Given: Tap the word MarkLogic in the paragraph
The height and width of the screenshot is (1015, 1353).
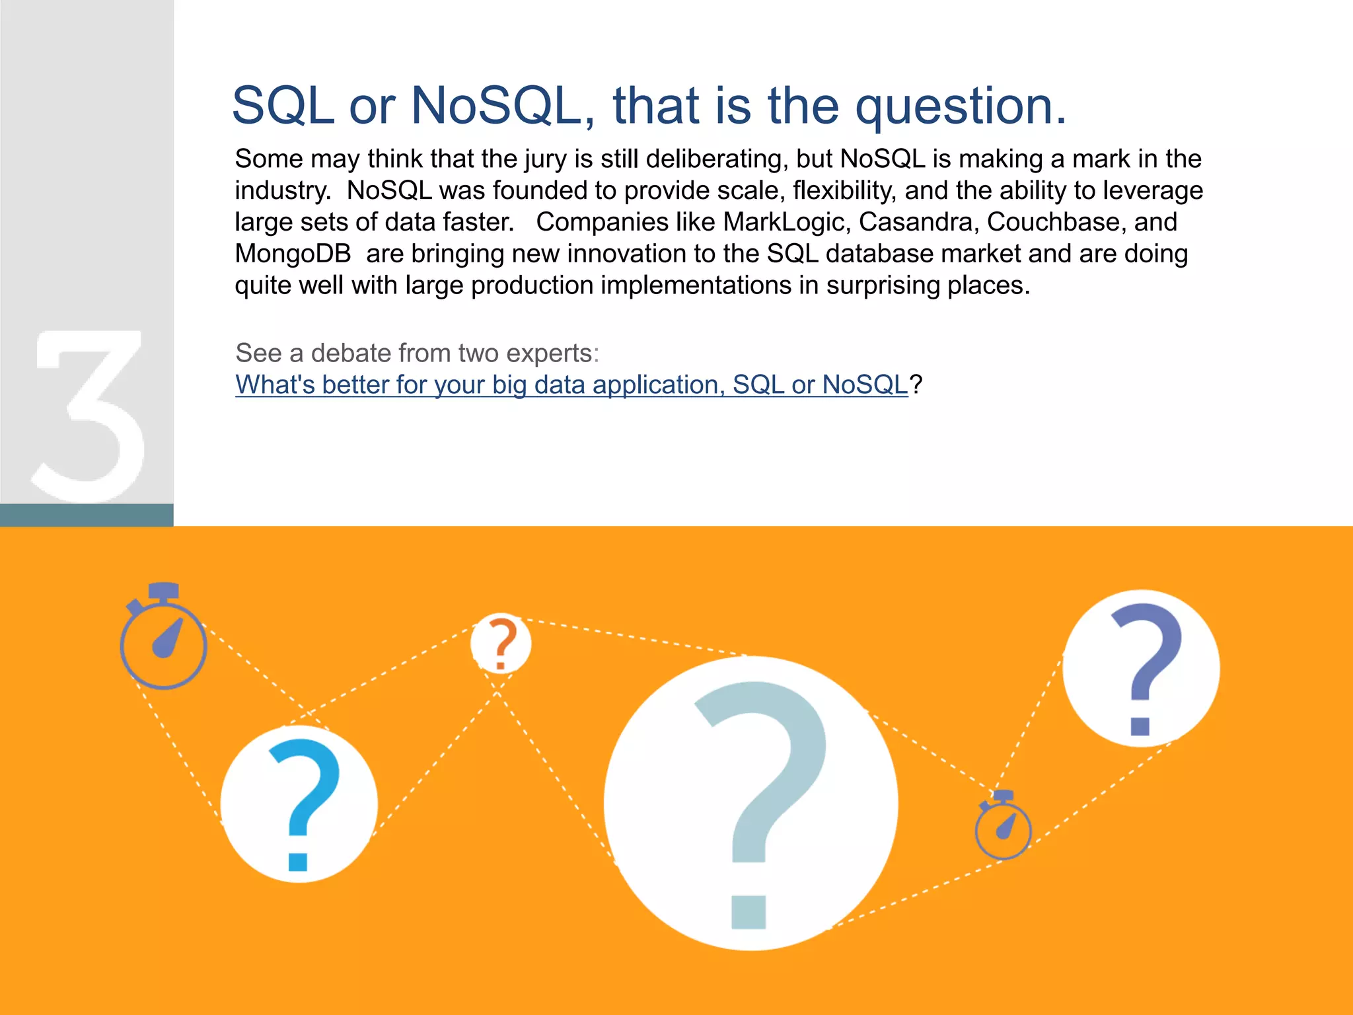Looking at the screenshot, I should tap(784, 222).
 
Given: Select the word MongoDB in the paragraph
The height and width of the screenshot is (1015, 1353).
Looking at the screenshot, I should tap(293, 254).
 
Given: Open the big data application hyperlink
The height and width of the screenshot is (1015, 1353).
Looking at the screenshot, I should tap(571, 385).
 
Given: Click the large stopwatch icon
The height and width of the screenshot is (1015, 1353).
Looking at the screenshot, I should tap(163, 644).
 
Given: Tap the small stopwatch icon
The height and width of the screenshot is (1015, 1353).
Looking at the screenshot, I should tap(1003, 829).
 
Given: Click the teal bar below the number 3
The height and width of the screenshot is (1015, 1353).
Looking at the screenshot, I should tap(87, 515).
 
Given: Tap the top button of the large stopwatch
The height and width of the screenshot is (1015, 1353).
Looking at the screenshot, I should tap(163, 589).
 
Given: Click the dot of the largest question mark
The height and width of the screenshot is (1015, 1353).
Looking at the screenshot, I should tap(749, 912).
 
